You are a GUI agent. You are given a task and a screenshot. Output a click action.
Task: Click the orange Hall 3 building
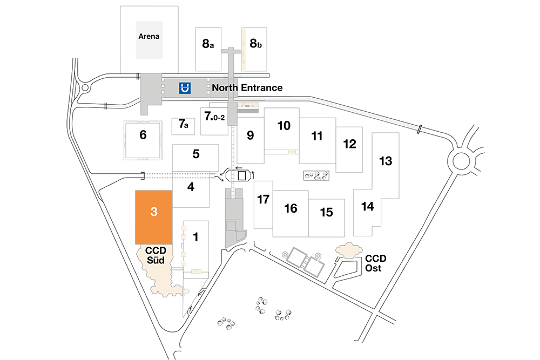coord(153,217)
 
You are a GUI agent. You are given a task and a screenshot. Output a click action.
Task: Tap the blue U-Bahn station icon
coord(185,88)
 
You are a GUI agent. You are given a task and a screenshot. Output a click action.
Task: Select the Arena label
coord(149,36)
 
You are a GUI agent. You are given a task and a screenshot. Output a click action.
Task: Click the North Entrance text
coord(247,88)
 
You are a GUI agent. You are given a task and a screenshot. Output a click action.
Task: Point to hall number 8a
coord(208,44)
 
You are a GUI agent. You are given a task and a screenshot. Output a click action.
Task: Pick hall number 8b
coord(255,43)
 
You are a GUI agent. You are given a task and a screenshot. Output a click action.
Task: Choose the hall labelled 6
coord(143,134)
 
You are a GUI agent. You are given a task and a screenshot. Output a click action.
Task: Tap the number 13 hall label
coord(386,161)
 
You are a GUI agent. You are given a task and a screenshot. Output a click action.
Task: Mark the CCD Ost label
coord(375,263)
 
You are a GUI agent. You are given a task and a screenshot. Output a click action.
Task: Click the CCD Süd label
coord(156,255)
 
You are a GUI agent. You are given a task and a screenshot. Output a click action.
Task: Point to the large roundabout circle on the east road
coord(461,161)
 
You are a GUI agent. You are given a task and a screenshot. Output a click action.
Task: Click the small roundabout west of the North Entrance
coord(85,88)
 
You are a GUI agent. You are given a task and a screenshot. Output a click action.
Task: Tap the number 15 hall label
coord(327,212)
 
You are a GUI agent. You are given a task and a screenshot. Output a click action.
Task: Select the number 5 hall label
coord(196,154)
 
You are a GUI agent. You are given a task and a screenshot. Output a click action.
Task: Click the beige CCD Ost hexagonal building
coord(349,250)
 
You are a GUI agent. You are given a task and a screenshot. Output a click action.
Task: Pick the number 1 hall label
coord(195,237)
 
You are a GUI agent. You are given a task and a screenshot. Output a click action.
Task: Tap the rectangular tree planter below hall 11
coord(316,175)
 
